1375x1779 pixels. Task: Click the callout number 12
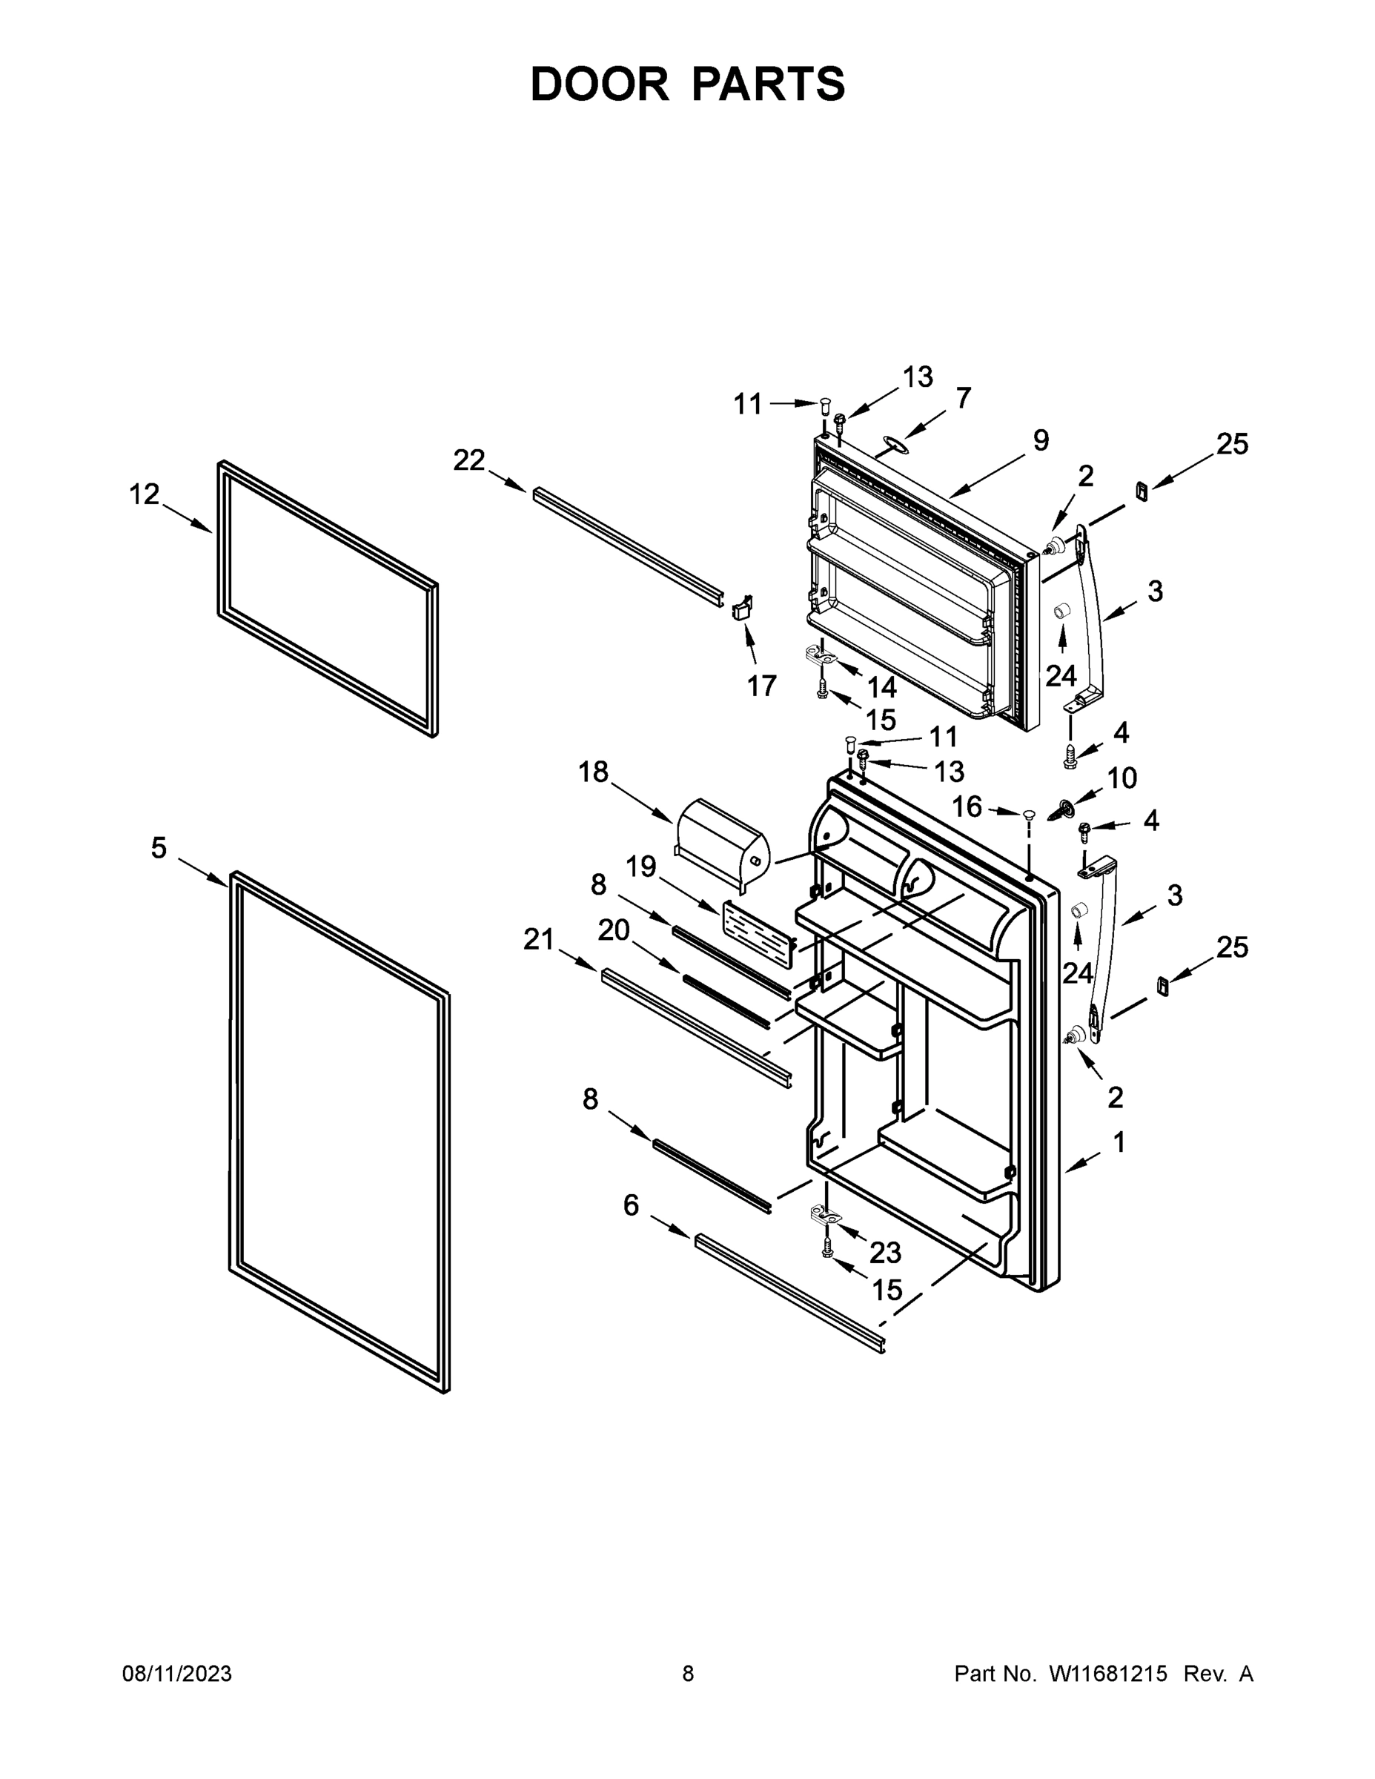tap(145, 494)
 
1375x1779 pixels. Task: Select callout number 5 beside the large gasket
tap(159, 848)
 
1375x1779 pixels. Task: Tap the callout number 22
tap(469, 460)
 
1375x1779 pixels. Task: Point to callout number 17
tap(762, 686)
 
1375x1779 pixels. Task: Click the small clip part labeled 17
tap(743, 608)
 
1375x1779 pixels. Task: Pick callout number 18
tap(593, 771)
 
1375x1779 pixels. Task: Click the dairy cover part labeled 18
tap(721, 844)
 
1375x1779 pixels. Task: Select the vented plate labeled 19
tap(758, 931)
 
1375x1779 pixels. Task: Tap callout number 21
tap(538, 939)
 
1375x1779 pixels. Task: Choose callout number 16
tap(967, 806)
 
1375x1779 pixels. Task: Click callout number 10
tap(1121, 778)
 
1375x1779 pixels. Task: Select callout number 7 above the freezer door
tap(964, 398)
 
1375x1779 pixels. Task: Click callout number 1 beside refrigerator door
tap(1119, 1142)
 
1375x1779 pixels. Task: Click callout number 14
tap(881, 687)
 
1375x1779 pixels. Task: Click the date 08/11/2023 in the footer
tap(176, 1674)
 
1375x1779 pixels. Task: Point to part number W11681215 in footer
tap(1108, 1674)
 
